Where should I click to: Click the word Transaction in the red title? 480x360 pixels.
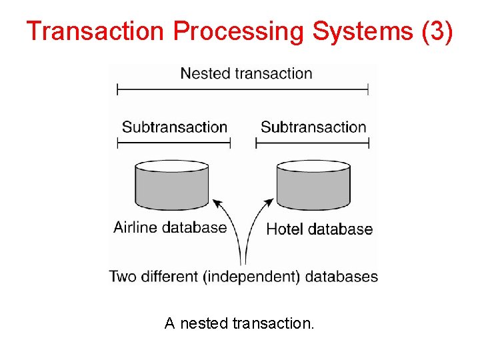click(x=95, y=31)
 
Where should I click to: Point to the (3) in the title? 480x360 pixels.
click(x=437, y=31)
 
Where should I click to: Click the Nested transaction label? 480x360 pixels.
click(x=246, y=73)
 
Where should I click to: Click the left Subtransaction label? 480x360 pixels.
click(x=175, y=127)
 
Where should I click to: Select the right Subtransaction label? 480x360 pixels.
click(x=313, y=127)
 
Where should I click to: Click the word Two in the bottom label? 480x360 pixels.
click(x=123, y=276)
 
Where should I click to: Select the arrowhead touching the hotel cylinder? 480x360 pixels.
click(x=270, y=201)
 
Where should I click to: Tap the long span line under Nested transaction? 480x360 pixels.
click(x=243, y=89)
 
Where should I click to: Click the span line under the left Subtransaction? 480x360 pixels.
click(x=174, y=143)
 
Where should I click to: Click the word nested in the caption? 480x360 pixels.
click(x=204, y=324)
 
